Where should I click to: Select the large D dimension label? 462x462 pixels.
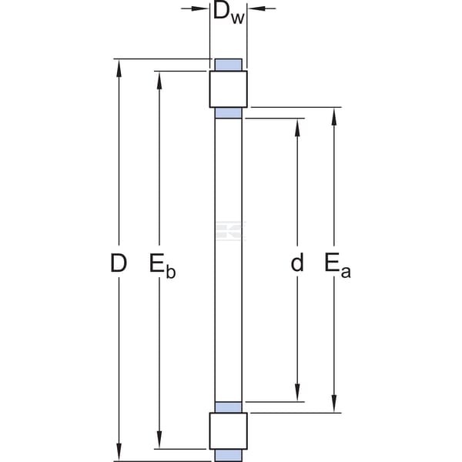(119, 263)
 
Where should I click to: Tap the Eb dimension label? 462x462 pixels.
(162, 266)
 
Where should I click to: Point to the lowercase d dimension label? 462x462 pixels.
(297, 263)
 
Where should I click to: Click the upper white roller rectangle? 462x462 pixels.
(229, 89)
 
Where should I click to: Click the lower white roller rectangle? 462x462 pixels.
(229, 430)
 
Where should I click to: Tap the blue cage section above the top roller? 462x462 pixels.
(229, 65)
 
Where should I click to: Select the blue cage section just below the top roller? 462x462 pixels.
(229, 113)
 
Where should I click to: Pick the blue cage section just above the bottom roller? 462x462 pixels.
(229, 407)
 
